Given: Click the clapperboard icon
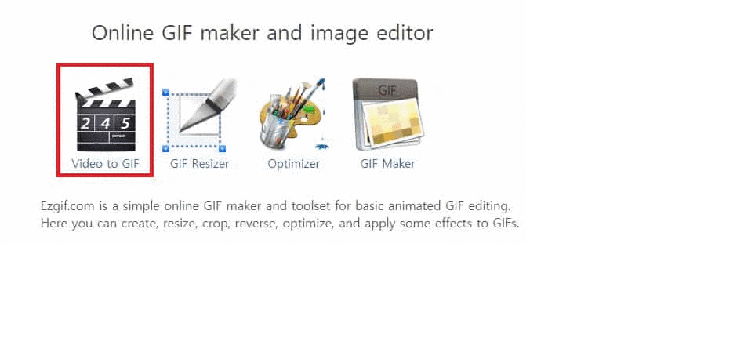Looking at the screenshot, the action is click(x=106, y=115).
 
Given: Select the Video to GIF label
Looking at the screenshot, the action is click(x=106, y=164).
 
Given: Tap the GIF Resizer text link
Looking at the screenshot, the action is click(x=199, y=164).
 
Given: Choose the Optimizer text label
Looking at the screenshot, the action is click(x=293, y=164).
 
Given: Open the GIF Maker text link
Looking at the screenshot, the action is click(x=387, y=164).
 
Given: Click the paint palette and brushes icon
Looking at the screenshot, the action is click(x=292, y=115).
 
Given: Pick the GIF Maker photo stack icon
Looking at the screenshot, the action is click(x=387, y=115).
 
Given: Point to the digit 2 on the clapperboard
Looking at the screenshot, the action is click(x=85, y=124).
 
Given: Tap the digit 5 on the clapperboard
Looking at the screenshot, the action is click(x=125, y=123).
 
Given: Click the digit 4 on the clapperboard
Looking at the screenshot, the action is click(x=105, y=124).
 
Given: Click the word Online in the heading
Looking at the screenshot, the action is click(x=122, y=33).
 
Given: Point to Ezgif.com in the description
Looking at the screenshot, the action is click(x=69, y=207).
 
